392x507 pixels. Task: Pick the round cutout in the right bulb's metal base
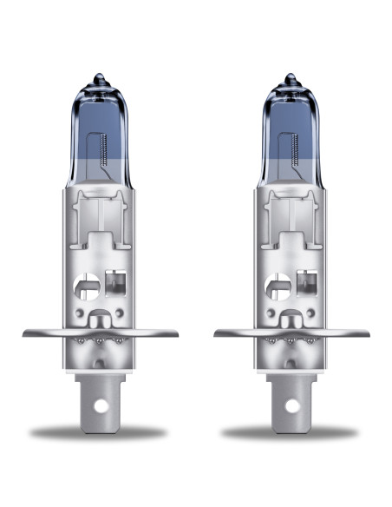(280, 284)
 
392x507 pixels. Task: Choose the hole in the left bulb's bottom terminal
(101, 405)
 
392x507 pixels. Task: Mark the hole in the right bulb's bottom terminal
(292, 405)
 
